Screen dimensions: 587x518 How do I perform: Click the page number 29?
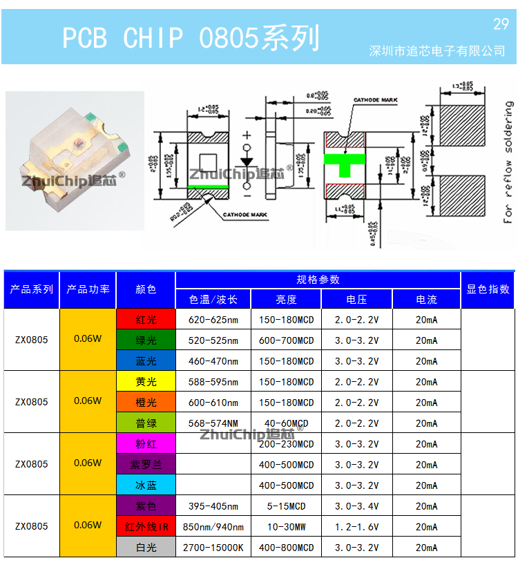pyautogui.click(x=501, y=24)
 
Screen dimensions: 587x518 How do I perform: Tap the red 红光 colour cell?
pyautogui.click(x=146, y=320)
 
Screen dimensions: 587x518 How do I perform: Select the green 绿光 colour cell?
pyautogui.click(x=146, y=340)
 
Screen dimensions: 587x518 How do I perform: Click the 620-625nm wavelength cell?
pyautogui.click(x=213, y=320)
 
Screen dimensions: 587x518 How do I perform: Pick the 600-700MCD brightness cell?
pyautogui.click(x=286, y=340)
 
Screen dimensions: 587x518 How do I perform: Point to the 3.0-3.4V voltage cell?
pyautogui.click(x=356, y=506)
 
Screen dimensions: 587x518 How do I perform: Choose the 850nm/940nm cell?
pyautogui.click(x=213, y=527)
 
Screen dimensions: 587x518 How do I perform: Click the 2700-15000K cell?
pyautogui.click(x=213, y=548)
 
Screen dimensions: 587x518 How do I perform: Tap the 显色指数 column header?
pyautogui.click(x=488, y=289)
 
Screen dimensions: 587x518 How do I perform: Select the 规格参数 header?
pyautogui.click(x=318, y=280)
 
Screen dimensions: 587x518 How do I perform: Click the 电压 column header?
pyautogui.click(x=356, y=300)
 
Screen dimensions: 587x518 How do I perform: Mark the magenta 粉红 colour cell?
pyautogui.click(x=146, y=444)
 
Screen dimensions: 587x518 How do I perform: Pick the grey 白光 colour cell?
pyautogui.click(x=146, y=548)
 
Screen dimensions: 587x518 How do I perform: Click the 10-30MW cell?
pyautogui.click(x=286, y=527)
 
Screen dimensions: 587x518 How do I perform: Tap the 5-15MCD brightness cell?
pyautogui.click(x=286, y=506)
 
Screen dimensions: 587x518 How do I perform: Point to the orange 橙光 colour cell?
pyautogui.click(x=146, y=403)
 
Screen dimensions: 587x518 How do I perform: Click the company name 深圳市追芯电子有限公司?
pyautogui.click(x=438, y=51)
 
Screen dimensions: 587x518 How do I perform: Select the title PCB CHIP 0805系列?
pyautogui.click(x=191, y=38)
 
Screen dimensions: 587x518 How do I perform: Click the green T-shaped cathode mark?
pyautogui.click(x=344, y=160)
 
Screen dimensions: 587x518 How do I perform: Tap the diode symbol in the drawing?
pyautogui.click(x=247, y=160)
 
